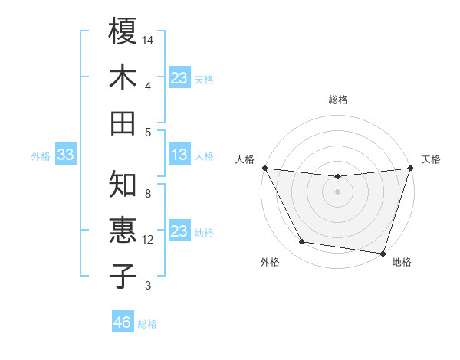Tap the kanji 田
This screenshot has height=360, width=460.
click(123, 123)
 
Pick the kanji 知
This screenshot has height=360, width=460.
click(123, 184)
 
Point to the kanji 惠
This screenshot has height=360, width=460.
click(123, 231)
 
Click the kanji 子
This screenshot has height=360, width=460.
click(123, 277)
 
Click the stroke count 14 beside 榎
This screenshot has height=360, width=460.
click(148, 39)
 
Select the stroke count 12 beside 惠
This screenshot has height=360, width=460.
click(148, 240)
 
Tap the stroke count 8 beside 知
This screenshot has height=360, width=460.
click(148, 194)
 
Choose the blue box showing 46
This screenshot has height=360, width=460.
click(123, 322)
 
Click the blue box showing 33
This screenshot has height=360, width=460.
click(65, 155)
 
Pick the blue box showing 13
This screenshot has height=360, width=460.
click(179, 155)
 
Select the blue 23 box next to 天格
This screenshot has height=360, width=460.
click(179, 77)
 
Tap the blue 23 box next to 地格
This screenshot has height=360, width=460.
click(179, 231)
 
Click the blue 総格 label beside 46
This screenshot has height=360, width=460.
click(147, 324)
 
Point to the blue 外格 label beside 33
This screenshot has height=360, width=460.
click(41, 156)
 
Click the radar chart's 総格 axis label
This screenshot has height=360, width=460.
click(337, 100)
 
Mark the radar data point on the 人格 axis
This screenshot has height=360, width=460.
click(264, 168)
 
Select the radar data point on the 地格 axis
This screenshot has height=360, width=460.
click(383, 253)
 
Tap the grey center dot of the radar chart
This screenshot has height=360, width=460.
click(337, 191)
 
